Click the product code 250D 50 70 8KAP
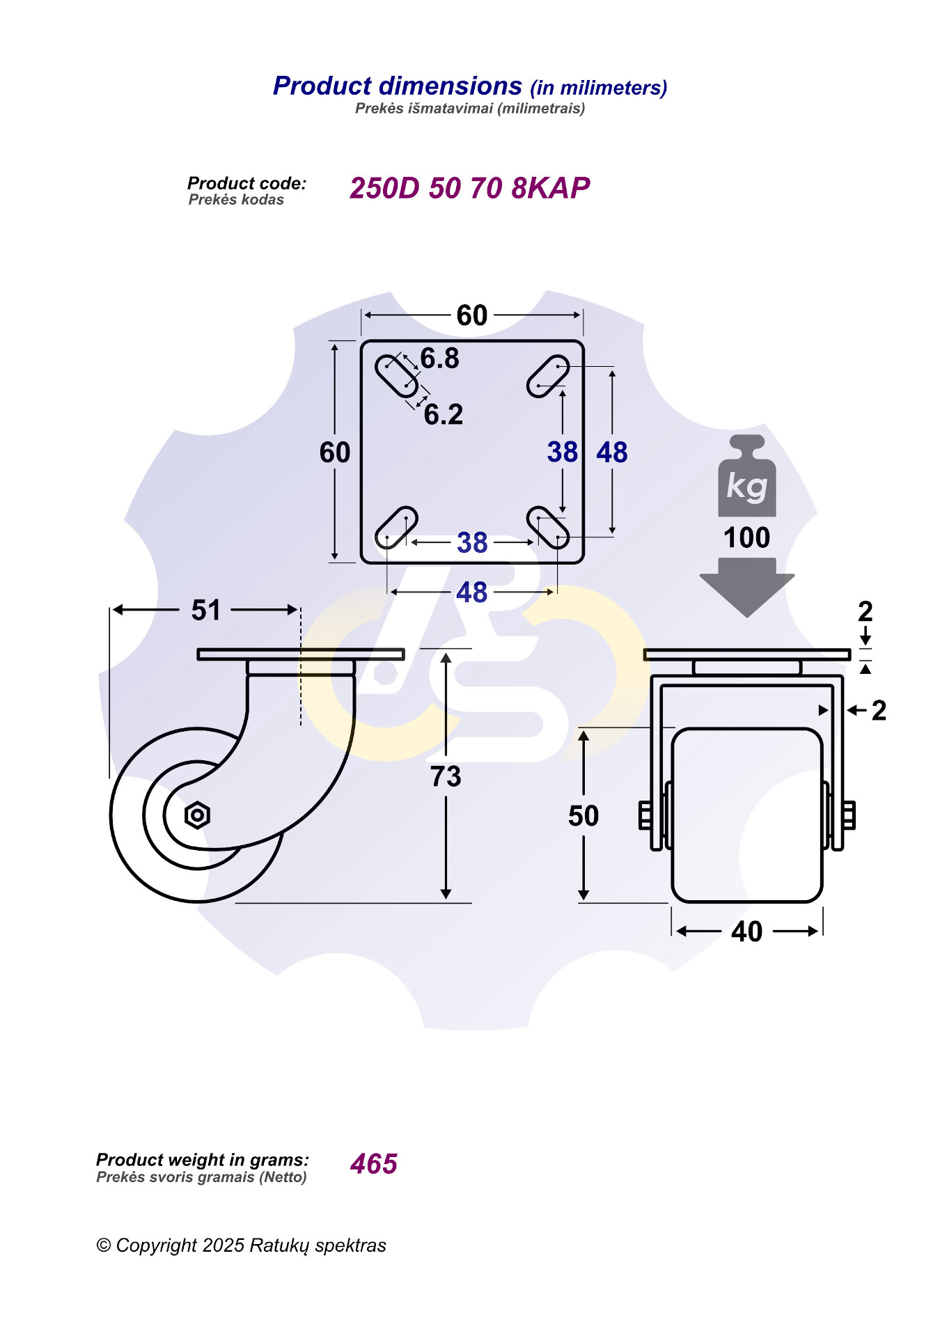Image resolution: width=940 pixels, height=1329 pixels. (x=469, y=188)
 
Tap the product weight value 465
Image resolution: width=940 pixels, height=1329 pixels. (x=374, y=1164)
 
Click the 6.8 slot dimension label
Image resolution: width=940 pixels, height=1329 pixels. (x=440, y=359)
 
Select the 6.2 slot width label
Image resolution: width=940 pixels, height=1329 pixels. (x=444, y=415)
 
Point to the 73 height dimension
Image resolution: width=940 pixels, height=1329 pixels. (x=446, y=776)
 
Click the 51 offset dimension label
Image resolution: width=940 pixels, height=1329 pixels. (x=205, y=611)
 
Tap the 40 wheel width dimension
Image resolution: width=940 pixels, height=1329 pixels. (x=746, y=931)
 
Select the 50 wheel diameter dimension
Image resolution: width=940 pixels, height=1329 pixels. (x=583, y=816)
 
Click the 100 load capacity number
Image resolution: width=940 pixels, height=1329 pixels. (x=746, y=537)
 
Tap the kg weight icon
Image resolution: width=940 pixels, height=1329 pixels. (x=747, y=476)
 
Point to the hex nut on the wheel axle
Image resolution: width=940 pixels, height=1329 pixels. (x=197, y=815)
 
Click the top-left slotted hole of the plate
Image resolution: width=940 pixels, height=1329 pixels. (x=397, y=376)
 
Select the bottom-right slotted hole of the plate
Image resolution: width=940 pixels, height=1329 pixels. (x=547, y=528)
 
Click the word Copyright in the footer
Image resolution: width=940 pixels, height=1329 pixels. (x=157, y=1245)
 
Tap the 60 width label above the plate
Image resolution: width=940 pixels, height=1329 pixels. (x=472, y=315)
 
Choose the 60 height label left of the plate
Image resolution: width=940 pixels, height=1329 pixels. (x=335, y=453)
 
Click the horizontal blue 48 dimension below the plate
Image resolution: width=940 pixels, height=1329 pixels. (x=471, y=592)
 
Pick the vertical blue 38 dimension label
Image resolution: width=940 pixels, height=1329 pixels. (x=563, y=452)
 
